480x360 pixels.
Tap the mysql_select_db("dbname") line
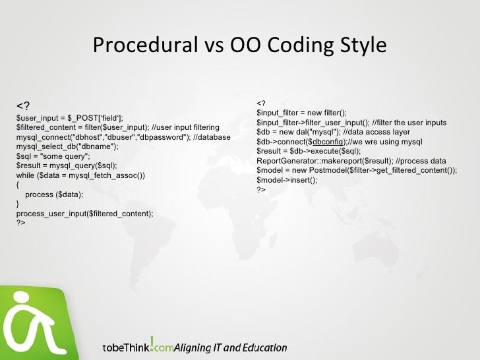pyautogui.click(x=67, y=147)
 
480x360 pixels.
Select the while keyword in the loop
pyautogui.click(x=26, y=176)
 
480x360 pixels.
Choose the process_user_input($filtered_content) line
pyautogui.click(x=84, y=214)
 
